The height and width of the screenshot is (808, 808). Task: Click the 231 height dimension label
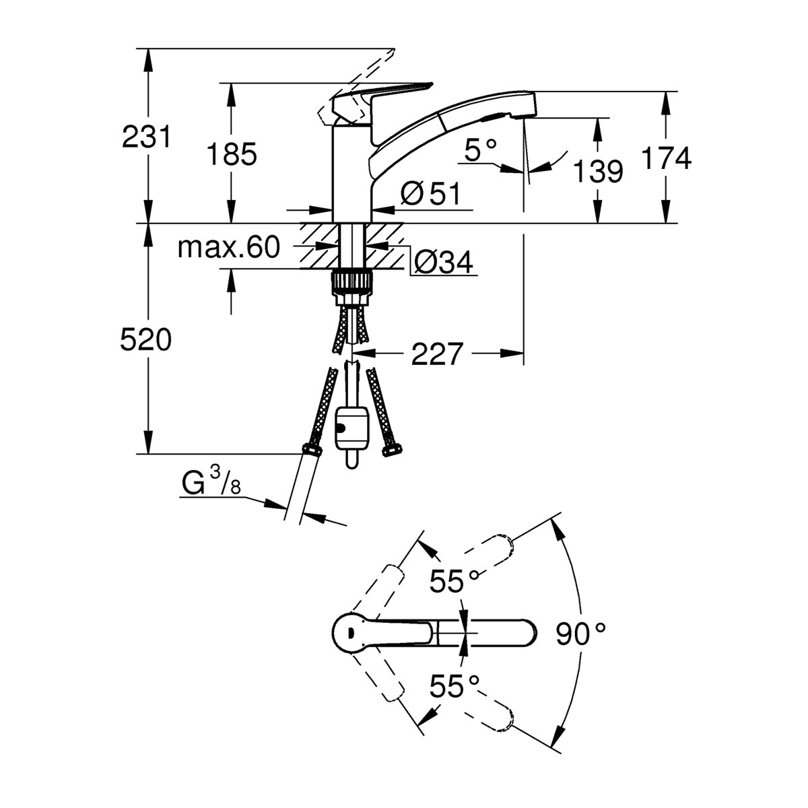tap(146, 137)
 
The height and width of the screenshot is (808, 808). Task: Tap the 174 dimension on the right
tap(666, 159)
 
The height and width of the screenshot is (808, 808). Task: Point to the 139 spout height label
tap(598, 172)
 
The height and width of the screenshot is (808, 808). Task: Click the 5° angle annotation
tap(480, 150)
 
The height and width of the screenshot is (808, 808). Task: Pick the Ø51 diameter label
tap(430, 195)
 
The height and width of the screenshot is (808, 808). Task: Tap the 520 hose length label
tap(146, 341)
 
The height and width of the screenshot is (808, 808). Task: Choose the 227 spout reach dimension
tap(438, 353)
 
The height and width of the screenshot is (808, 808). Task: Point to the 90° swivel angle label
tap(581, 634)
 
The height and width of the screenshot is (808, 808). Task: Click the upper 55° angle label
tap(455, 580)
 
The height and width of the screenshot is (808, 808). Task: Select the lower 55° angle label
tap(455, 687)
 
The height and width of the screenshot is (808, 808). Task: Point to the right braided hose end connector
tap(389, 450)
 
